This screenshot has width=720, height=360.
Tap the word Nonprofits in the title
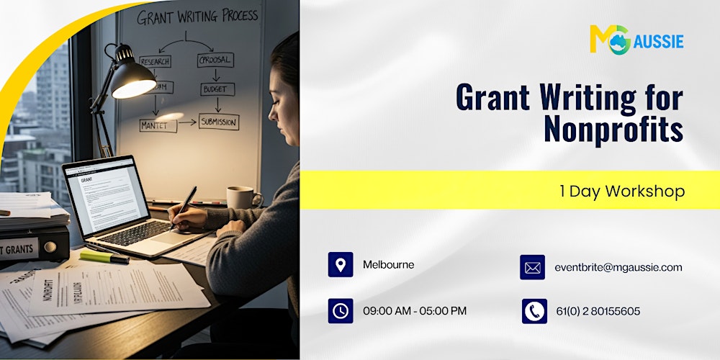click(x=613, y=130)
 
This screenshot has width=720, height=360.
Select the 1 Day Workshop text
click(x=622, y=191)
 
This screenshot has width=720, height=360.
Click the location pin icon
click(x=340, y=264)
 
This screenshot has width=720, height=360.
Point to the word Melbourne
click(x=388, y=264)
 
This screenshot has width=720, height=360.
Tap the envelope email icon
click(x=532, y=267)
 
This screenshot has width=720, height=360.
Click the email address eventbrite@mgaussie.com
click(x=618, y=267)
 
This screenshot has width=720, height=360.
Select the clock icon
click(x=340, y=310)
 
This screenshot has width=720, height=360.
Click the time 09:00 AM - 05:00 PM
click(x=414, y=310)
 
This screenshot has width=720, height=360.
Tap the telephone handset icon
click(x=534, y=311)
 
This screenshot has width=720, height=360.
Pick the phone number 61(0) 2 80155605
click(x=598, y=311)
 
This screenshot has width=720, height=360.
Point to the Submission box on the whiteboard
click(x=219, y=122)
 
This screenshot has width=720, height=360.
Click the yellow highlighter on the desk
click(x=104, y=256)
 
